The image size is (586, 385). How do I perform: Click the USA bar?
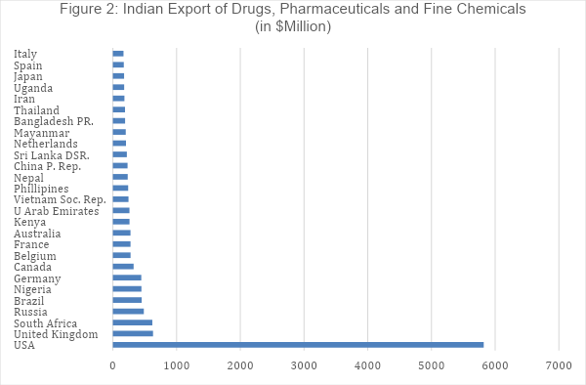[298, 345]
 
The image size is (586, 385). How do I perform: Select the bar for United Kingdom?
[133, 333]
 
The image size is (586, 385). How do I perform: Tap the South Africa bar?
[132, 322]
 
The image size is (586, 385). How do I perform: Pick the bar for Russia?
[128, 311]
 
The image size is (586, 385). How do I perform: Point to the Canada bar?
[123, 266]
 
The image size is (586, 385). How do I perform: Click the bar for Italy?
[118, 54]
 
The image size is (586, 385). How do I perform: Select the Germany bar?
[127, 278]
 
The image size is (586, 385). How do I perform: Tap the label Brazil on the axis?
[31, 301]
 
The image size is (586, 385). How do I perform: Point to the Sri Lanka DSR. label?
[52, 155]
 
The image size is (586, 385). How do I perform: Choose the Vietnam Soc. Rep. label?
[60, 200]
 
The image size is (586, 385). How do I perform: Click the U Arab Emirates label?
[57, 211]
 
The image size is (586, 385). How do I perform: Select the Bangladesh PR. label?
[54, 121]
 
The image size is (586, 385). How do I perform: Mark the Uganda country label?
[34, 88]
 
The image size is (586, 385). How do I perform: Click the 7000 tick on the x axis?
[559, 365]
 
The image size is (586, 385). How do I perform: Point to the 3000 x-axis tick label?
[304, 365]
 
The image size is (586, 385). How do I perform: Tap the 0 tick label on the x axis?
[113, 365]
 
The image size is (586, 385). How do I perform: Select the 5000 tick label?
[432, 365]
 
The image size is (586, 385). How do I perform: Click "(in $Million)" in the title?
[293, 26]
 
